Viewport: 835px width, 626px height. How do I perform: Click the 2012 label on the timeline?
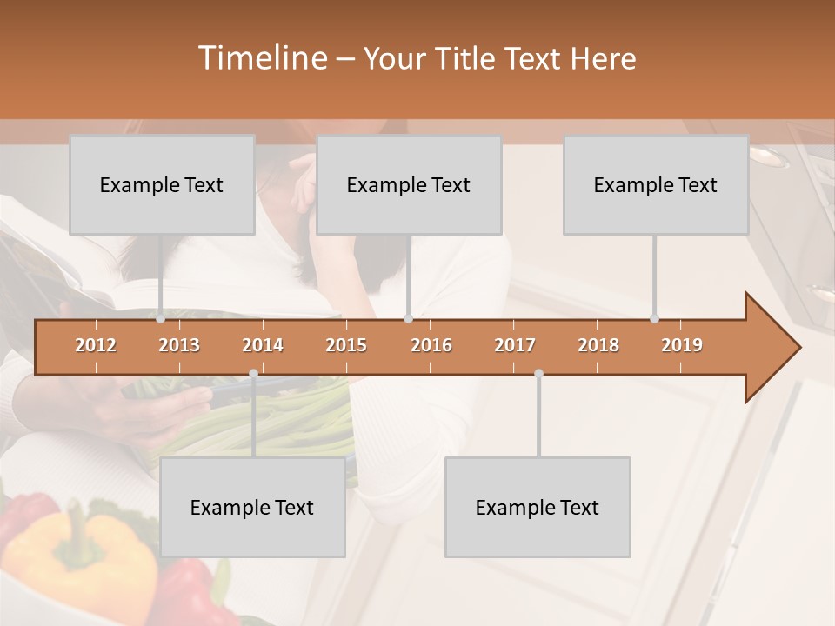[x=96, y=345]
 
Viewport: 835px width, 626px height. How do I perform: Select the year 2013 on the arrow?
[x=179, y=345]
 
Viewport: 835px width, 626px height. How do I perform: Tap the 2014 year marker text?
[x=263, y=345]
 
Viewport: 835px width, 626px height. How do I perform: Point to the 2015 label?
[x=346, y=345]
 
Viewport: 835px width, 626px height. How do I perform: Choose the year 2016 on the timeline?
[x=431, y=345]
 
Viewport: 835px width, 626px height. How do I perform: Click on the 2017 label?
[x=515, y=345]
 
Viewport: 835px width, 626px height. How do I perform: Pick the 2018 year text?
[x=598, y=345]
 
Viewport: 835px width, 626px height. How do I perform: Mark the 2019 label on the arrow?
[x=682, y=345]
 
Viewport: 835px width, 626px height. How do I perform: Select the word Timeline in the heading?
[x=262, y=58]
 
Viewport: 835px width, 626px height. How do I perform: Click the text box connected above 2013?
[x=162, y=184]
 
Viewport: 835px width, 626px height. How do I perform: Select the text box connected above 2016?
[x=409, y=184]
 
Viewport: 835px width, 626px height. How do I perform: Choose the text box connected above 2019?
[x=656, y=184]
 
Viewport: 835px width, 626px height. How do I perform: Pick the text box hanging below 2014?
[x=252, y=507]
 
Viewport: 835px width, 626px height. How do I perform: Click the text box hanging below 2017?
[x=538, y=507]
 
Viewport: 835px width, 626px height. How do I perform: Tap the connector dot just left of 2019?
[x=654, y=319]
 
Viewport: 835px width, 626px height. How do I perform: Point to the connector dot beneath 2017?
[x=538, y=374]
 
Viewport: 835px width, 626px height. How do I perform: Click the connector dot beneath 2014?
[x=253, y=374]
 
